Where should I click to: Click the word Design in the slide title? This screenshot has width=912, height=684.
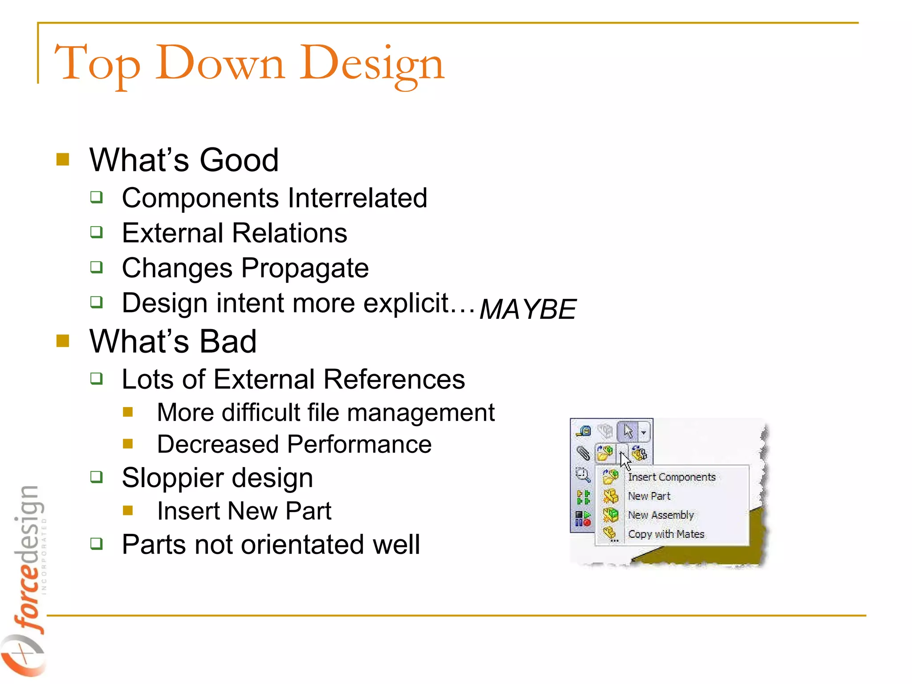click(x=372, y=63)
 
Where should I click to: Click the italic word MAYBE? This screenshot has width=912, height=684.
click(x=528, y=309)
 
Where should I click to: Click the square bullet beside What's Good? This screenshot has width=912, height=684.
click(x=63, y=159)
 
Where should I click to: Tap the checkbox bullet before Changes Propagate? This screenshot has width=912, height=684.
click(x=96, y=267)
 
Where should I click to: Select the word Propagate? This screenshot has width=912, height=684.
click(x=305, y=269)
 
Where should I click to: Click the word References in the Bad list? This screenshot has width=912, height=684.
click(x=394, y=379)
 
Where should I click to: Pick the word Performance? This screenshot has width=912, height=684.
click(x=359, y=444)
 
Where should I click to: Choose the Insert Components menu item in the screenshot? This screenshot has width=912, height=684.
click(x=671, y=477)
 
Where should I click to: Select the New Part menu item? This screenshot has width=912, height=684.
click(x=649, y=496)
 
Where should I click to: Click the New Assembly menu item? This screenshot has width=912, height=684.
click(x=660, y=515)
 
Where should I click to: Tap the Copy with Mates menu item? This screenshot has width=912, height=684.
click(x=666, y=534)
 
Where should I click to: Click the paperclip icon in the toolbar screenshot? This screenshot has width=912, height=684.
click(x=583, y=453)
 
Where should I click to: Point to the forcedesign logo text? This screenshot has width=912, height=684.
click(x=29, y=557)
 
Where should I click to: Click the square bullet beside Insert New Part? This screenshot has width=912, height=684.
click(x=128, y=510)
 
